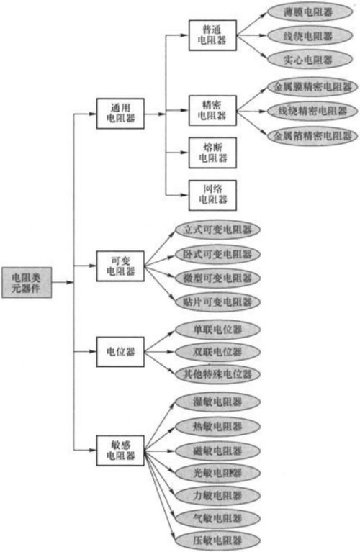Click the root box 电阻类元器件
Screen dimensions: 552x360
click(x=27, y=281)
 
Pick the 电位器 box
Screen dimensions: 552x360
click(x=120, y=353)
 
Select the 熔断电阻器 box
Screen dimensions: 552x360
click(x=212, y=152)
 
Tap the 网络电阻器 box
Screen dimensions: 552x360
click(x=212, y=193)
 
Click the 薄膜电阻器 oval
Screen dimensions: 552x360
click(x=309, y=12)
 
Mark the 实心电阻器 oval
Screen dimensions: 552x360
click(x=309, y=59)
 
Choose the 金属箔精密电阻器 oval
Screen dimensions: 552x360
click(x=312, y=135)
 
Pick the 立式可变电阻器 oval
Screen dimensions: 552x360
click(x=218, y=231)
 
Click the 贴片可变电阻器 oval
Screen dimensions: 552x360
click(x=218, y=301)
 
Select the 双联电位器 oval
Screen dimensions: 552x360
click(x=218, y=352)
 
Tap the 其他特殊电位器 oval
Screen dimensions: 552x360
click(x=218, y=374)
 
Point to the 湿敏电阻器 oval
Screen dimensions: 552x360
click(x=218, y=402)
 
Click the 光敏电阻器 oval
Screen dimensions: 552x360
click(x=218, y=472)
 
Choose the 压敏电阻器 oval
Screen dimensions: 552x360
click(x=218, y=540)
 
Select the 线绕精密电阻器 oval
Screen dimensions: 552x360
click(x=312, y=111)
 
